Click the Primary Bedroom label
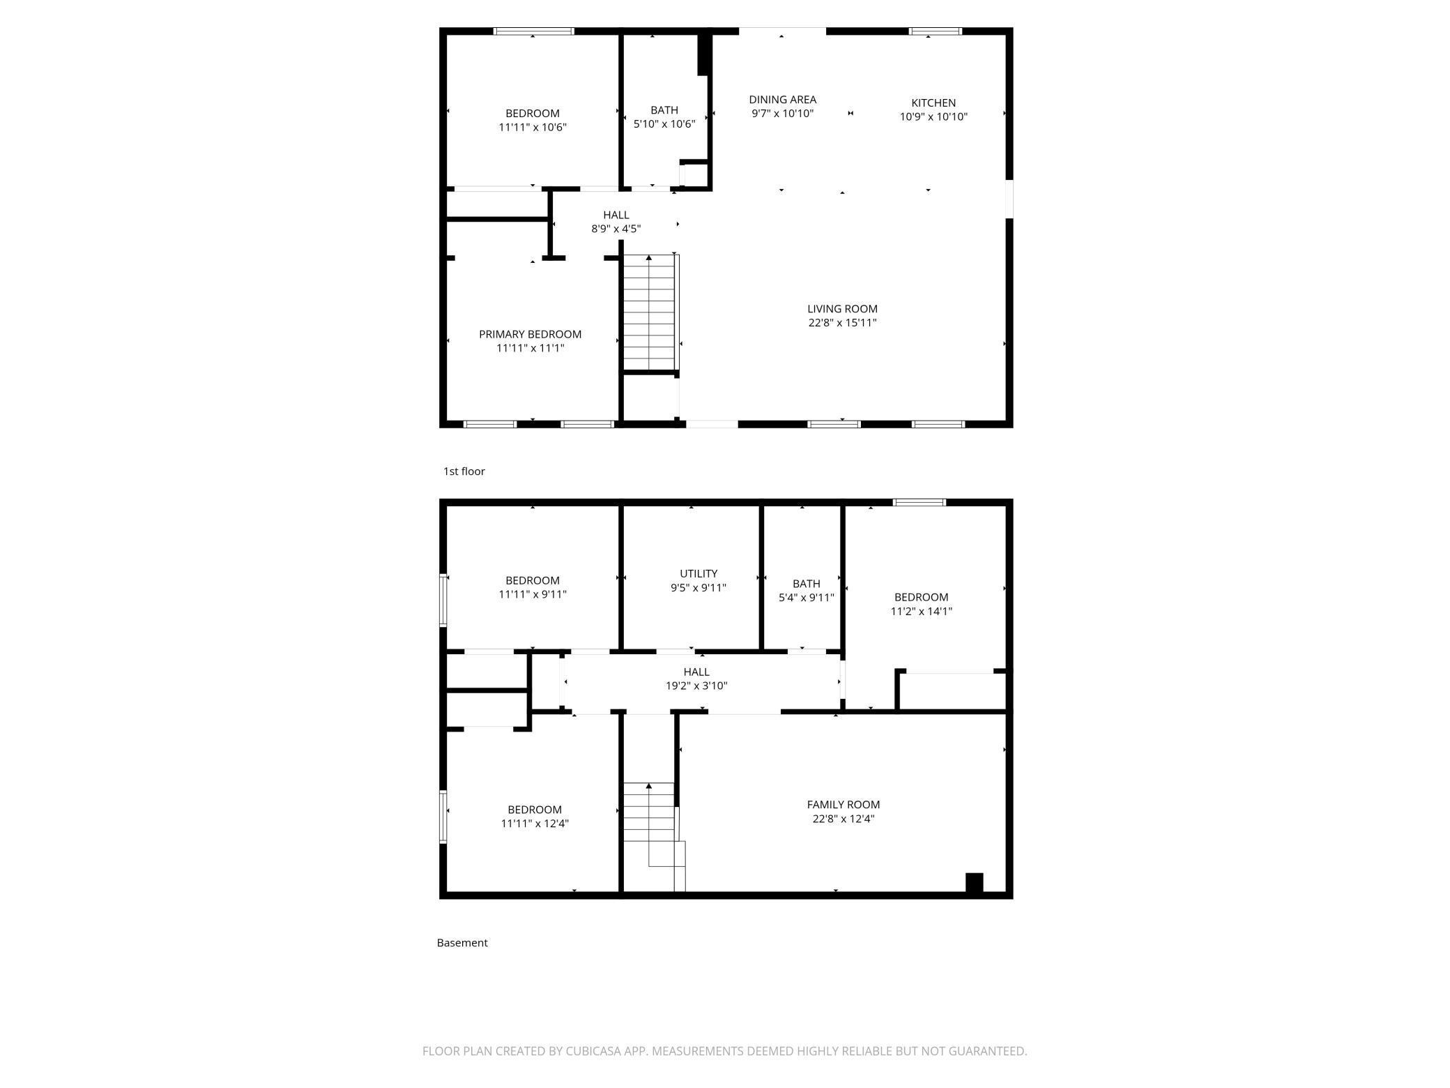point(530,334)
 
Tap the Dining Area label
point(782,100)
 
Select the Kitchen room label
point(933,103)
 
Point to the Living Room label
point(842,308)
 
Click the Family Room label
point(844,804)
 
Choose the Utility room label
point(699,573)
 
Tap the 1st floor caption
point(464,471)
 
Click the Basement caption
point(462,943)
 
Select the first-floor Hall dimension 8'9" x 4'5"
point(616,229)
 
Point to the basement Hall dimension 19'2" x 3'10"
point(696,686)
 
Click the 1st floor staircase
point(650,312)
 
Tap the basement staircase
point(654,836)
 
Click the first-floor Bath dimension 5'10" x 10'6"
point(664,124)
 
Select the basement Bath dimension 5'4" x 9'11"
point(807,597)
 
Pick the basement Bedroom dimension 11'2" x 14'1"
point(922,611)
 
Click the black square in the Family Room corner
point(974,882)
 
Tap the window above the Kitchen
point(936,31)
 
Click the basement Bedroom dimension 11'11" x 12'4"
point(535,823)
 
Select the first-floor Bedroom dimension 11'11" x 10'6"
point(533,127)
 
